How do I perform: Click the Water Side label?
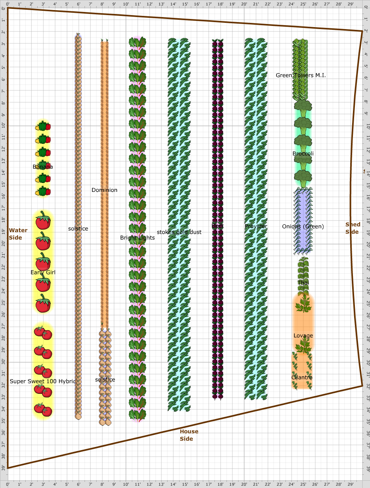click(18, 234)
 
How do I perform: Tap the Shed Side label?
click(353, 228)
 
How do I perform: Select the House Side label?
click(189, 435)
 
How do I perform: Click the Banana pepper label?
click(43, 167)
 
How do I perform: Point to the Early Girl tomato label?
click(43, 272)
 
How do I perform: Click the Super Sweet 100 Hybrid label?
click(43, 381)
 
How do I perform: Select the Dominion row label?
click(104, 190)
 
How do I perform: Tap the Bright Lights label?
click(137, 238)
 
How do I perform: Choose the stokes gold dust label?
click(179, 232)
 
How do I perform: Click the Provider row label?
click(256, 226)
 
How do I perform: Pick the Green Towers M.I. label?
click(301, 75)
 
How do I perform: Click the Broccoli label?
click(303, 153)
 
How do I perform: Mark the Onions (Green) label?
click(303, 226)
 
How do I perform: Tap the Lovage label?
click(303, 336)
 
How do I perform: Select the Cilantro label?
click(302, 377)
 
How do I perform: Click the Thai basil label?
click(303, 283)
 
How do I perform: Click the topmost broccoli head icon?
click(303, 107)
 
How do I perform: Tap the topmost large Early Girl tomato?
click(43, 221)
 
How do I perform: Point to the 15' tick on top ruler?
click(185, 3)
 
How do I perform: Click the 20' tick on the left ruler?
click(3, 244)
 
